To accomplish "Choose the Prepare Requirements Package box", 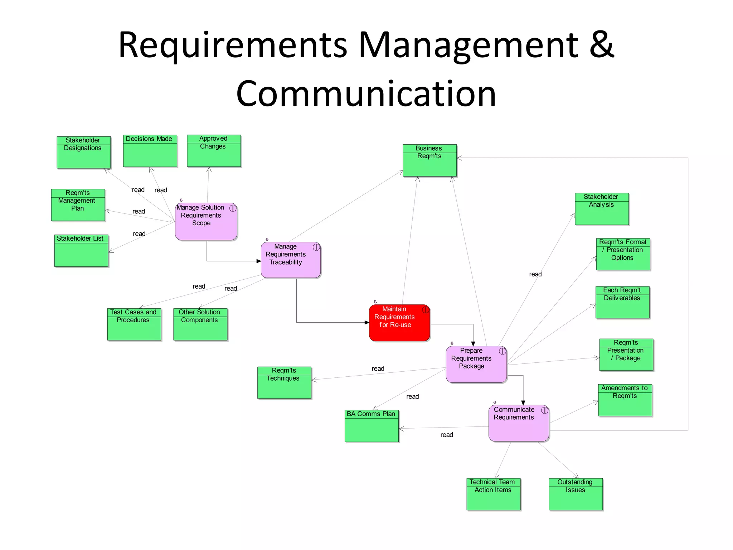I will (x=476, y=364).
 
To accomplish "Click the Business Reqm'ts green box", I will (x=429, y=160).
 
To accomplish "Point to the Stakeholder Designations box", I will (x=83, y=152).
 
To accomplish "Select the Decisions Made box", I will (x=150, y=151).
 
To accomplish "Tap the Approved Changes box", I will (x=214, y=151).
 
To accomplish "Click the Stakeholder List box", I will (x=81, y=251).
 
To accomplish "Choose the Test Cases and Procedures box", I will (x=134, y=324).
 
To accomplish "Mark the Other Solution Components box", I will (x=200, y=324).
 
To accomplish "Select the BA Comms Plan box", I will (x=372, y=426).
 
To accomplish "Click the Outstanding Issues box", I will (x=576, y=494).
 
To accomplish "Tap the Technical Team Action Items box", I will (x=493, y=494).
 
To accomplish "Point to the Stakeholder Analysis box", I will (x=602, y=209).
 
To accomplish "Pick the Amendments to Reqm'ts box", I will (x=625, y=400).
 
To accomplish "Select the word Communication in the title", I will (x=366, y=94).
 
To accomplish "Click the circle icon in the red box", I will (x=425, y=310).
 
